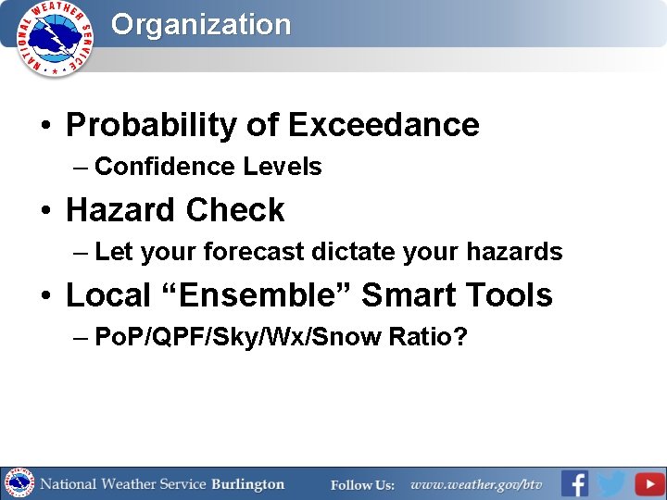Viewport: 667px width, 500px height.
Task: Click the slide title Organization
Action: coord(201,25)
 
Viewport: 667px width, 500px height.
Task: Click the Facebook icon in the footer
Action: coord(574,483)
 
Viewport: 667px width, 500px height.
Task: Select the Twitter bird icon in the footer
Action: coord(611,483)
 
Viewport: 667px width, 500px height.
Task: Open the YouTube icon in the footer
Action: coord(649,483)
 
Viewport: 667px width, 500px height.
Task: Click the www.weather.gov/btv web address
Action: coord(476,484)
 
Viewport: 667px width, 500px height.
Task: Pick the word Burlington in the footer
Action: coord(247,484)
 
